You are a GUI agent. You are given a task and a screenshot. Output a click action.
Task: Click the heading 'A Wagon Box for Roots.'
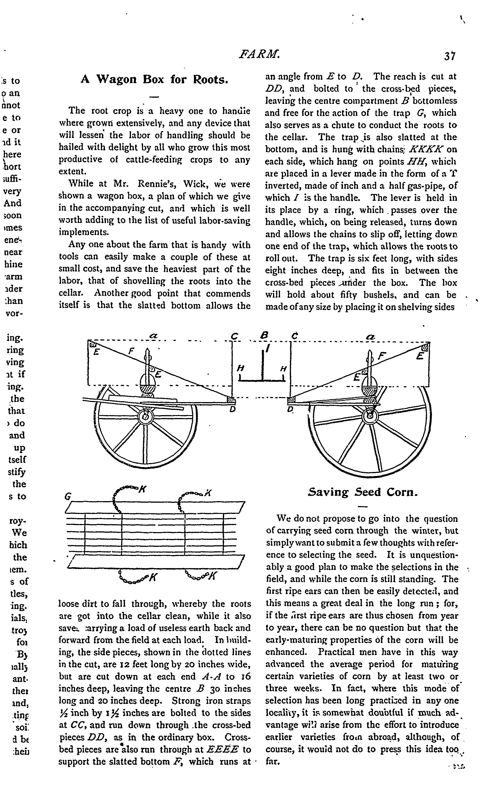(154, 80)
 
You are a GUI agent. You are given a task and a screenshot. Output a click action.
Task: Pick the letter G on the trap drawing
(68, 497)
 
